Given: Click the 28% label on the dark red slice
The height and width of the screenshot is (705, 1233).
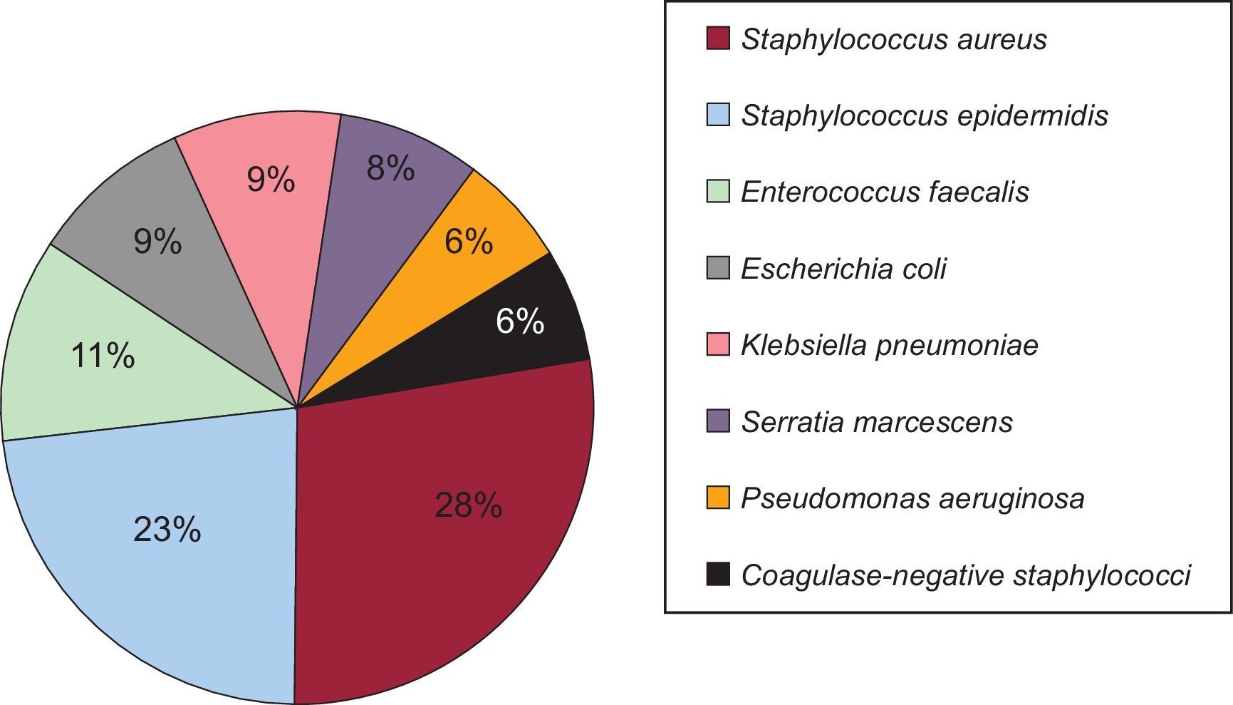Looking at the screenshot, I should point(468,506).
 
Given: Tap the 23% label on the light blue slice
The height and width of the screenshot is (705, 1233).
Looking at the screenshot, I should point(167,530).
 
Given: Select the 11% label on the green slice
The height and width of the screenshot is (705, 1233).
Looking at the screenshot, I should point(103,355).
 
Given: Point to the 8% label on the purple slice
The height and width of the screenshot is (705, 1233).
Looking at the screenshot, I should point(390,169).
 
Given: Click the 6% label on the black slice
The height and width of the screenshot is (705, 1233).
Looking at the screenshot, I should point(520,321).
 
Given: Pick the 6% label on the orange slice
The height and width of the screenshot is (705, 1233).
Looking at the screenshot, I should point(469,242).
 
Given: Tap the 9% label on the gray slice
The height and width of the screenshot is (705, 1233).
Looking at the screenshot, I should point(157,242).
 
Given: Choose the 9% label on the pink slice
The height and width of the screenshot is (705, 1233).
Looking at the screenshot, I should point(271,179).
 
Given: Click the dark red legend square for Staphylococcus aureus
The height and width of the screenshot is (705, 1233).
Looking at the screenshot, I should point(718,38).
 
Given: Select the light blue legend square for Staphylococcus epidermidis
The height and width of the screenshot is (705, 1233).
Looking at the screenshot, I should point(718,115).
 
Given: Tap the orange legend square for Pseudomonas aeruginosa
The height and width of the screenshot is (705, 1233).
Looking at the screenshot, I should point(718,498).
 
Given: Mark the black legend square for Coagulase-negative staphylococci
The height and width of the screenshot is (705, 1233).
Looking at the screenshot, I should point(718,575).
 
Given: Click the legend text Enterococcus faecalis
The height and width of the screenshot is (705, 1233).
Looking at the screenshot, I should point(885,192).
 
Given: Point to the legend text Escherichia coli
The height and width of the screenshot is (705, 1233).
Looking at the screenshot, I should point(843,269).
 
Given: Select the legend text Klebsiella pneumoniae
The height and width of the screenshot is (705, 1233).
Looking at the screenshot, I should point(889,345).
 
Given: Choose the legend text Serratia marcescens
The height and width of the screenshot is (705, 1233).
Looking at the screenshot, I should point(876,421).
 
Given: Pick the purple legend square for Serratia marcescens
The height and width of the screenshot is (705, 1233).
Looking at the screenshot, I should point(718,421).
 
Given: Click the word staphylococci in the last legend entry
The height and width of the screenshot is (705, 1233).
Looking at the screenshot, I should point(1101,575).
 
